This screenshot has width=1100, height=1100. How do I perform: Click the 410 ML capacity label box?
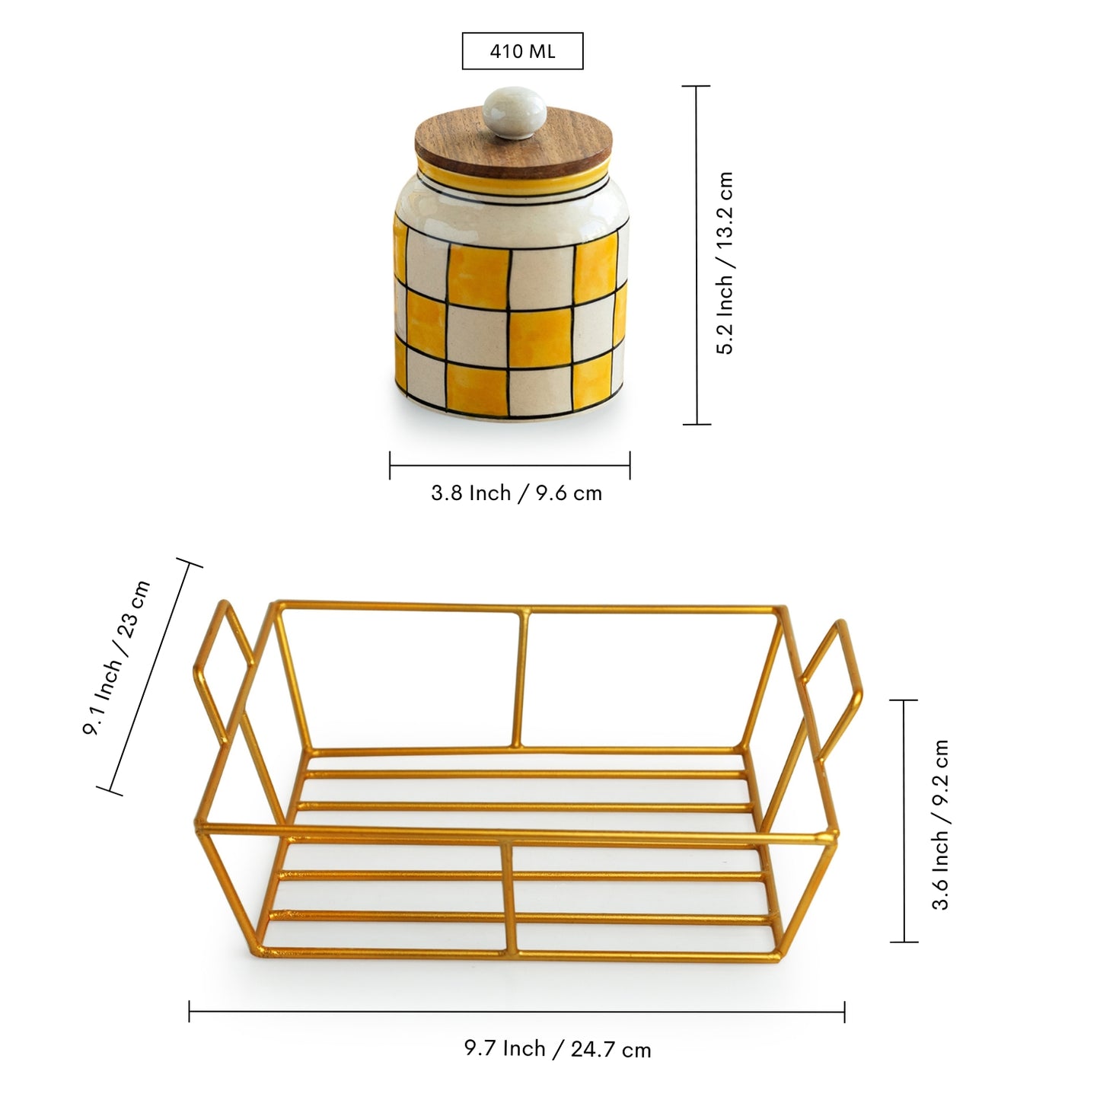pos(522,51)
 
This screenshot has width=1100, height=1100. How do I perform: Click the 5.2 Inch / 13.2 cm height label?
pos(725,263)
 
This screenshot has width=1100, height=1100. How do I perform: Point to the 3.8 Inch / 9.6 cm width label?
pos(516,493)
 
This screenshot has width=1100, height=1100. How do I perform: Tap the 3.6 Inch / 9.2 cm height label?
pos(941,824)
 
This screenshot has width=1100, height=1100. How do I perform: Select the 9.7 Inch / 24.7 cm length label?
pos(557,1049)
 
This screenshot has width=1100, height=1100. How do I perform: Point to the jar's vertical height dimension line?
pos(697,255)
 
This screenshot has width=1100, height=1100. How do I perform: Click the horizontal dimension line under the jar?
pos(509,465)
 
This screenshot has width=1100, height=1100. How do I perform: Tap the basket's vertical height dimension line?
pos(904,821)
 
